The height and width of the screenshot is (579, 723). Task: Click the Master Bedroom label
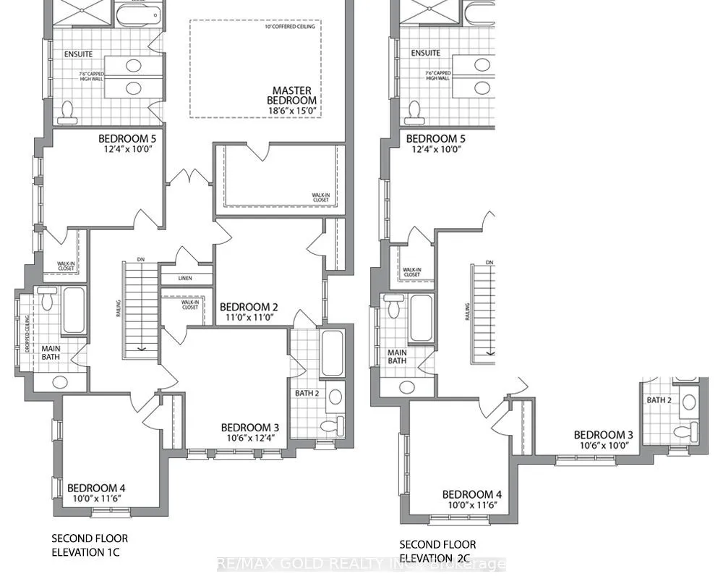coord(291,95)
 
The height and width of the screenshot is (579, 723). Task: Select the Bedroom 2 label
coord(249,306)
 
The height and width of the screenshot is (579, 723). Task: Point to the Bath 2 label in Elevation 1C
coord(307,393)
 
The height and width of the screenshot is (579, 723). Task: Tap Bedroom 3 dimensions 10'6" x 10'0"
coord(603,446)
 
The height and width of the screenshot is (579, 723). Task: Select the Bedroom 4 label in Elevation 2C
coord(472,494)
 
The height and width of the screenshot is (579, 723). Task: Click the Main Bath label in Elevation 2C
coord(397,357)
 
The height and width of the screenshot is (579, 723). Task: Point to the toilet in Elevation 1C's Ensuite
coord(69,111)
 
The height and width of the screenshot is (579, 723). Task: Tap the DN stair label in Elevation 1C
coord(140,261)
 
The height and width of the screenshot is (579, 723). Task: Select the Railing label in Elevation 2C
coord(466,310)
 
